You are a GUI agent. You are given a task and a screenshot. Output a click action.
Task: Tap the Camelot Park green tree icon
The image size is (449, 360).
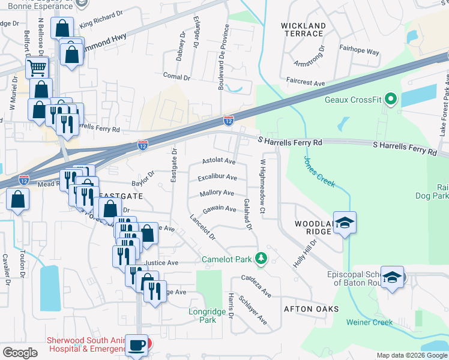pos(261,258)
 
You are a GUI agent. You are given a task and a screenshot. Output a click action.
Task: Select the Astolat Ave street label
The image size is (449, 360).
pos(218,161)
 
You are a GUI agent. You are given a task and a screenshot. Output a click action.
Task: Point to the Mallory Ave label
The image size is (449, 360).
pos(217,193)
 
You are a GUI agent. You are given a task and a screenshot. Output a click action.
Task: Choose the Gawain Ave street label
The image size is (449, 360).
pos(219,209)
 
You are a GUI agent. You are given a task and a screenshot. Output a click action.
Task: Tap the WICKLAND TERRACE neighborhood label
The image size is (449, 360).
pos(304,29)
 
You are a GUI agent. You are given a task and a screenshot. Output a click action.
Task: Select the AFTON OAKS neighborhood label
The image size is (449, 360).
pos(312,309)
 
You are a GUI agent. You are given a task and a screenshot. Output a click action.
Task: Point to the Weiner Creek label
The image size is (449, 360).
pos(369,322)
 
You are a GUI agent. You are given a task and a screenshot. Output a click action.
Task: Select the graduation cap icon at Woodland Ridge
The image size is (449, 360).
pos(345,223)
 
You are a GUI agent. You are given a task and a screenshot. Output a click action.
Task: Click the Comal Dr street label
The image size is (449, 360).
pos(176,77)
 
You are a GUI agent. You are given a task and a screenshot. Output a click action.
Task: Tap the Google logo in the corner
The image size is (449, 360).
pos(20,353)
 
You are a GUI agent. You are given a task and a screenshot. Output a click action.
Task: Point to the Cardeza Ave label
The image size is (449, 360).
pos(256,287)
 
